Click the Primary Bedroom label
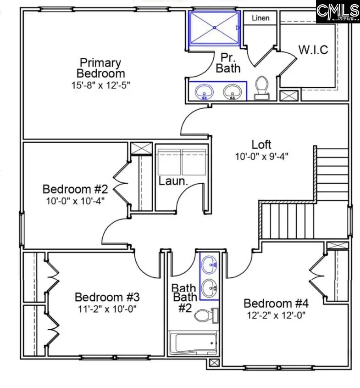100,68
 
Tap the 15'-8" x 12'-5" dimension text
100,86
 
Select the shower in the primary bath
214,28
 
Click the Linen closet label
260,18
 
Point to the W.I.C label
313,50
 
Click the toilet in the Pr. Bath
262,87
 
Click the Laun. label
173,181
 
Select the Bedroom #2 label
75,189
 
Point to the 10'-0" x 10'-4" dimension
75,201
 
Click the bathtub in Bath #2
193,343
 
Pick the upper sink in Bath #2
210,264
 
